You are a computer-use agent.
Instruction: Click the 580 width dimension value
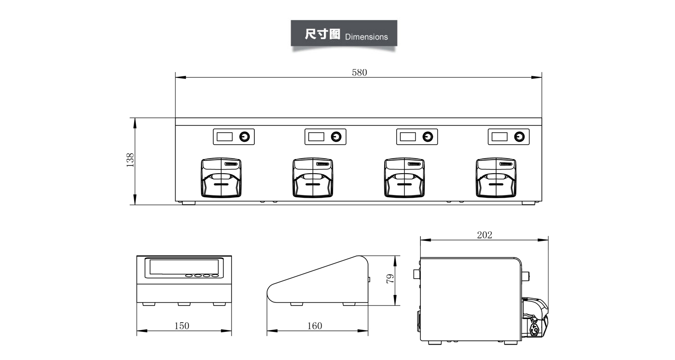(x=359, y=73)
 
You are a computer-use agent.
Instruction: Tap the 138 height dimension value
(x=130, y=160)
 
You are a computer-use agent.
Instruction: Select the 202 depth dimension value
(x=484, y=235)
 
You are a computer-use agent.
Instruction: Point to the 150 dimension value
(x=181, y=326)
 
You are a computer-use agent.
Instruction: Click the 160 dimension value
(x=314, y=326)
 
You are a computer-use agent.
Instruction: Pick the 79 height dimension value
(x=390, y=279)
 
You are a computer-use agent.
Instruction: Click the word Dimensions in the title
(x=366, y=37)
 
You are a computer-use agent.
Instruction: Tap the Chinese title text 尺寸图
(x=322, y=34)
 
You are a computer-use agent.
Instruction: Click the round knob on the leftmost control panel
(x=244, y=137)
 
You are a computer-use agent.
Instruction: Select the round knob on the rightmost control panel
(x=519, y=137)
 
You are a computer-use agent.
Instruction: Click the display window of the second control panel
(x=316, y=137)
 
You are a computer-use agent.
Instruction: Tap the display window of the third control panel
(x=408, y=137)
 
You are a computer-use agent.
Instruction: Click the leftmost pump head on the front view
(x=221, y=178)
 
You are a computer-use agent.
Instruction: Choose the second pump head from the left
(x=313, y=178)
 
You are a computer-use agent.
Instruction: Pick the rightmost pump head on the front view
(x=496, y=178)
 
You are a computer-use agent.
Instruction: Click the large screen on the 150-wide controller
(x=184, y=267)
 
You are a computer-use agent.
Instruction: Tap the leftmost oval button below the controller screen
(x=189, y=275)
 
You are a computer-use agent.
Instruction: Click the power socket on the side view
(x=535, y=330)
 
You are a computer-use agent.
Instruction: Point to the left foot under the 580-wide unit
(x=189, y=203)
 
